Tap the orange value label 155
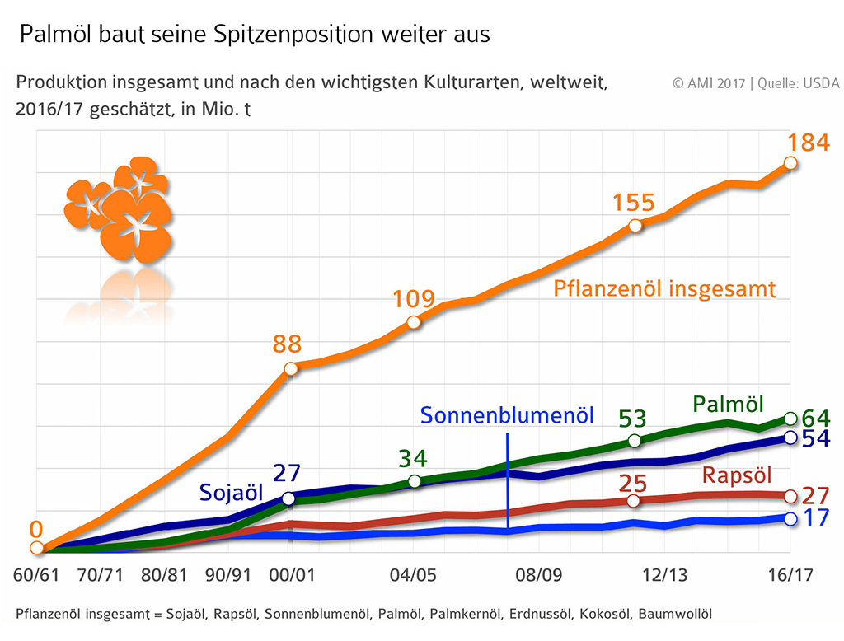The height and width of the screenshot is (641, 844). [x=634, y=203]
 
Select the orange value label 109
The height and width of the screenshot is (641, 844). [x=413, y=299]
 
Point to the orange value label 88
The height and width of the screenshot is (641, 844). [x=288, y=344]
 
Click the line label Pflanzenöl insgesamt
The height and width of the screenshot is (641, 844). [x=664, y=289]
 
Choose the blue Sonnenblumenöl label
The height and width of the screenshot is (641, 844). [x=507, y=415]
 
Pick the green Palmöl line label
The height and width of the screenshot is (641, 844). [x=725, y=404]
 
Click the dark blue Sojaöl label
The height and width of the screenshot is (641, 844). [x=231, y=493]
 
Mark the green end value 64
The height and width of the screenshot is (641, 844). [x=816, y=418]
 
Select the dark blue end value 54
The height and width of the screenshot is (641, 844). [x=816, y=438]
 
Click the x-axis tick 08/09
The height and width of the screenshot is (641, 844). [x=539, y=575]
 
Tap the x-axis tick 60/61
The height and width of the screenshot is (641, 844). [x=36, y=575]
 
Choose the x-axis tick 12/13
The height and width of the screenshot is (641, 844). [x=665, y=575]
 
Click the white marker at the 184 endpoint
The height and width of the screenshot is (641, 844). [x=790, y=163]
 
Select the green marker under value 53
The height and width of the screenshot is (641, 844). [x=634, y=441]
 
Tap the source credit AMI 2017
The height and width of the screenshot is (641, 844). [x=709, y=83]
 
